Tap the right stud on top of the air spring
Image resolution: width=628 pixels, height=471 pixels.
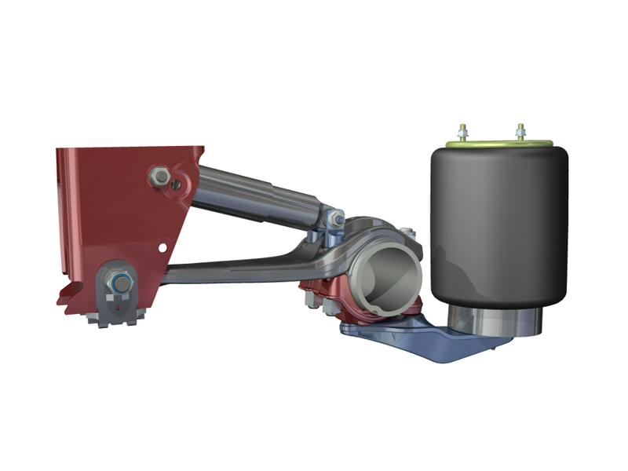coord(520,130)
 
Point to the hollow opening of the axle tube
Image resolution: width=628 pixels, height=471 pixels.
coord(385,279)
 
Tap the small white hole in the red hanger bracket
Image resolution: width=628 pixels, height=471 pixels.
coord(163,246)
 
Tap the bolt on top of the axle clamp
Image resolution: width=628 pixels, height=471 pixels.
coord(407,232)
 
